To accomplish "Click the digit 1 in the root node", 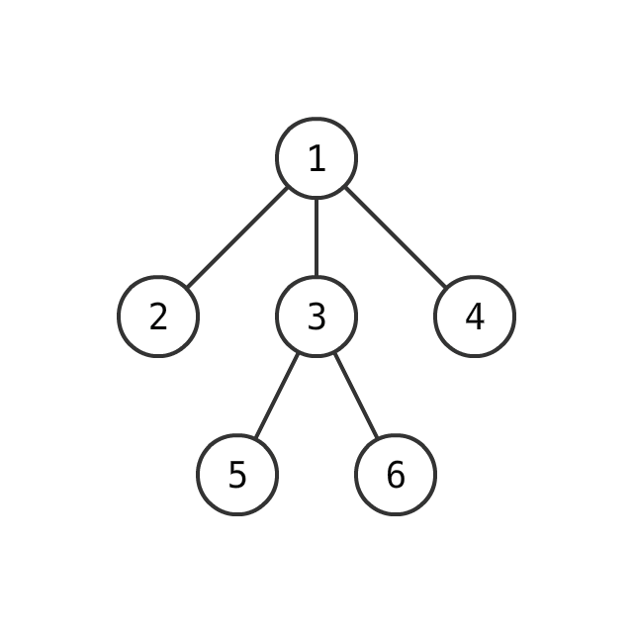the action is click(x=317, y=158).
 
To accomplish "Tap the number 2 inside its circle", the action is click(x=158, y=316).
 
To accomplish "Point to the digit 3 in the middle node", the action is click(x=316, y=316).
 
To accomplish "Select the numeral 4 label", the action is click(x=475, y=316).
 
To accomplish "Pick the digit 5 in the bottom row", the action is click(x=237, y=475).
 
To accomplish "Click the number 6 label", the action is click(x=396, y=475).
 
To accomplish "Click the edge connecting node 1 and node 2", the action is click(x=237, y=237).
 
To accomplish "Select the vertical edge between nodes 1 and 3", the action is click(x=316, y=237).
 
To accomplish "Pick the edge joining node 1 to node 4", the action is click(x=396, y=237).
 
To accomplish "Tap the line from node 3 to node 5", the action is click(x=277, y=396).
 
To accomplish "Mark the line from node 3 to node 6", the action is click(x=356, y=396).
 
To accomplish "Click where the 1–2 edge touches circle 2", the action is click(x=187, y=288).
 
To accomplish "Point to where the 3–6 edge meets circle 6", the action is click(x=378, y=438).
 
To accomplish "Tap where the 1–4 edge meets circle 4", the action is click(x=446, y=288).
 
